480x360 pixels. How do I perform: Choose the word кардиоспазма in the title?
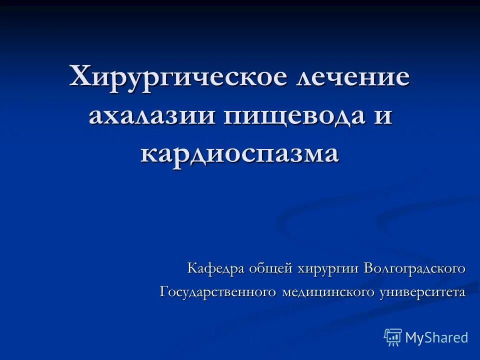pos(240,152)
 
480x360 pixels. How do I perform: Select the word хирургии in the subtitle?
pos(328,268)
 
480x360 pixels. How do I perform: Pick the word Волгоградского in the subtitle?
pos(414,268)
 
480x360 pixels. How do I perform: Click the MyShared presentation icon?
pos(393,337)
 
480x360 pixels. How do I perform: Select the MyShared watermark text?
pos(436,337)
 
